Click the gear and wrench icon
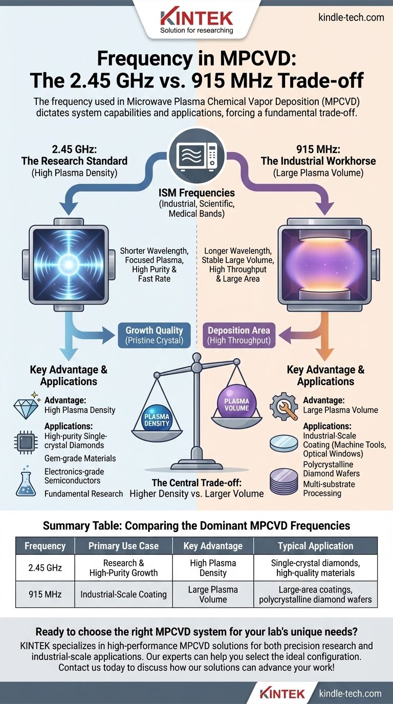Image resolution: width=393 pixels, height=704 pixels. (283, 407)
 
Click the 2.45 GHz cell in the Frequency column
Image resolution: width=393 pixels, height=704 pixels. (45, 567)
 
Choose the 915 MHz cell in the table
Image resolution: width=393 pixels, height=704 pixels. (45, 594)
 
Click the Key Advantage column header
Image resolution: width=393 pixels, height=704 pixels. (213, 545)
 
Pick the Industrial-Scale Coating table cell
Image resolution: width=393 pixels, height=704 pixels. (123, 594)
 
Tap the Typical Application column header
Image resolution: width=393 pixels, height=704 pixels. (315, 545)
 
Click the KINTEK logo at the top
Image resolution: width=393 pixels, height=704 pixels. (196, 20)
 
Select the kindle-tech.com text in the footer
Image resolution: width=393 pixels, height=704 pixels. (350, 694)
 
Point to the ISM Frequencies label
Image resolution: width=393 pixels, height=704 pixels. (196, 193)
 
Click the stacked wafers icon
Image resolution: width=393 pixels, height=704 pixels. (283, 481)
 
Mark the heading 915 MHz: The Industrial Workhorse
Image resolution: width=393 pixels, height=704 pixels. (325, 155)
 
